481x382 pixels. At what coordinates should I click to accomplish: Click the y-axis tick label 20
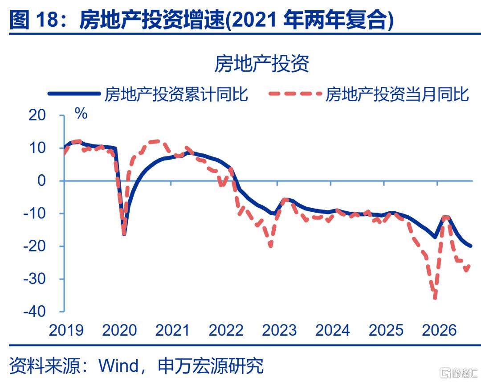tap(37, 115)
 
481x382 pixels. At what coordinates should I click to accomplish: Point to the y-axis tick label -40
tap(34, 312)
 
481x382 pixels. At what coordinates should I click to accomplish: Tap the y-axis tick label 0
tap(41, 181)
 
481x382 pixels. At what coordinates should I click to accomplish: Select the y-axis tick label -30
tap(34, 279)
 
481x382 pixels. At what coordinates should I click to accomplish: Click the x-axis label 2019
tap(66, 330)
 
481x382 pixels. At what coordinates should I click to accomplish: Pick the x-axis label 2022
tap(226, 330)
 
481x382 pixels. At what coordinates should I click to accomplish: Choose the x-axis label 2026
tap(439, 330)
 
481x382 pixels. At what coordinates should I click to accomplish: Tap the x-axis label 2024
tap(333, 330)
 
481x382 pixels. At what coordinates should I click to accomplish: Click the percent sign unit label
tap(82, 114)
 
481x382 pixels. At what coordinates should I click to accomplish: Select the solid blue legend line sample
tap(74, 94)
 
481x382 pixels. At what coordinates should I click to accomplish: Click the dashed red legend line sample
tap(295, 94)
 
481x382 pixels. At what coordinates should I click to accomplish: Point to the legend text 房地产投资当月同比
tap(397, 94)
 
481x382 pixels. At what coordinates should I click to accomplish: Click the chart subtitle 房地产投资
tap(262, 64)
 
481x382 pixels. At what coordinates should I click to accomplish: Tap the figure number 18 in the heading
tap(47, 19)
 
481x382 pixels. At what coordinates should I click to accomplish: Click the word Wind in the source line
tap(118, 366)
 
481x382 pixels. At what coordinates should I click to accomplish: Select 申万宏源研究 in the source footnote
tap(210, 366)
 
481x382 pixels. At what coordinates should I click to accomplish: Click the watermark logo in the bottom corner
tap(459, 373)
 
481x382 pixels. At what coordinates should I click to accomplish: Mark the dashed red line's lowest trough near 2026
tap(435, 297)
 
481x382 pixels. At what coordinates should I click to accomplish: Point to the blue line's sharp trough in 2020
tap(124, 234)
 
